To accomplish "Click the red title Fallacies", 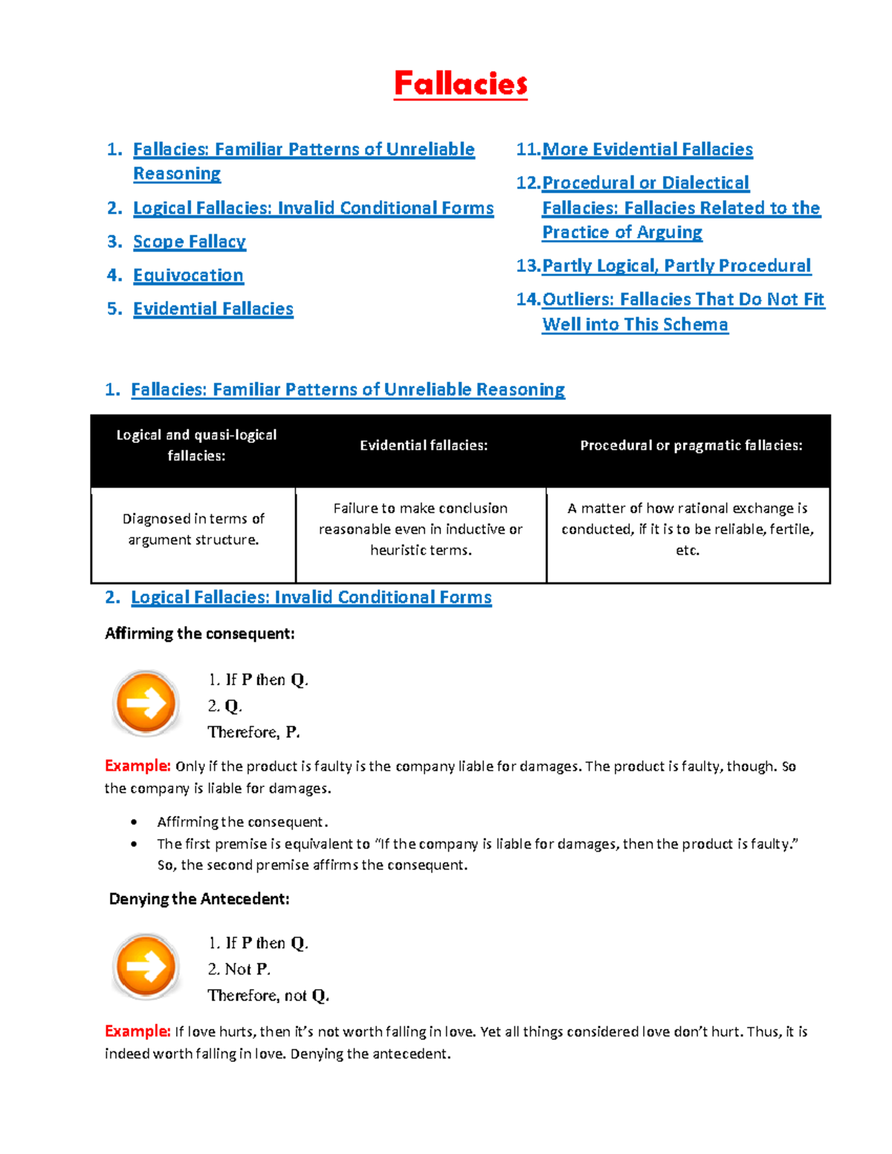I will [460, 84].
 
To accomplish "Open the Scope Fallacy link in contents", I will [189, 242].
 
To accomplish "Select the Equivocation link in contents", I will [188, 275].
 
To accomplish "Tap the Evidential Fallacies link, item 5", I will [213, 308].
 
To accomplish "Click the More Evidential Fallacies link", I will [647, 149].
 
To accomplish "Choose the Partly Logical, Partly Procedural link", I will [676, 265].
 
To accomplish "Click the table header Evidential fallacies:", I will [424, 445].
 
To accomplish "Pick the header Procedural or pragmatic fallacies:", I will [691, 445].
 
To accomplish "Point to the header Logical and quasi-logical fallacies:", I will [196, 445].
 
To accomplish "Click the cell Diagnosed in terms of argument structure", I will [193, 529].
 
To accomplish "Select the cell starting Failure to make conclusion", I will [421, 529].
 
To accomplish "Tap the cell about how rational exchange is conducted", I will [688, 529].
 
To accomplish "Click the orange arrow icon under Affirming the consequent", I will [146, 703].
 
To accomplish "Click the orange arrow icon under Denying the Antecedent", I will [146, 966].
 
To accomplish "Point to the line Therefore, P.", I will [253, 732].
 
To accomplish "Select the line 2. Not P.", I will [239, 969].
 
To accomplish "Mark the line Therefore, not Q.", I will [268, 995].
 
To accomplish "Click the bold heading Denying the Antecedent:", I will [199, 899].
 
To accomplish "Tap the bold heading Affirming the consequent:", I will [200, 634].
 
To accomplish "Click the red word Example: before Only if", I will [138, 766].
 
